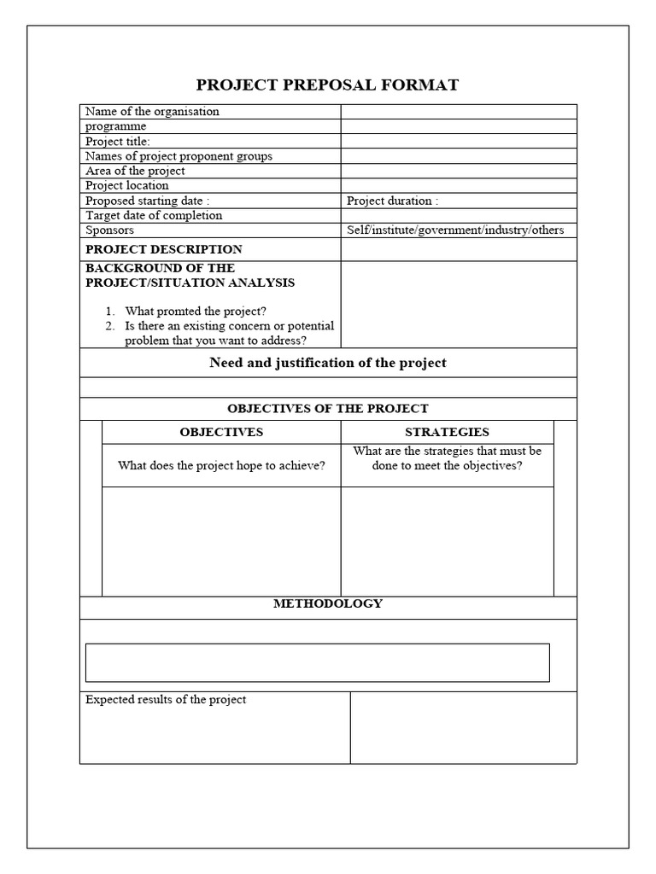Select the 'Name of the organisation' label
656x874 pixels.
point(152,111)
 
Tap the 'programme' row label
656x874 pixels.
point(116,126)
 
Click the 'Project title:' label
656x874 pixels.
point(118,141)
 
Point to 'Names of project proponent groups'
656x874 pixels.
point(179,156)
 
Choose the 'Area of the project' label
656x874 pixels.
point(135,171)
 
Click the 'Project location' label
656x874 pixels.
point(127,185)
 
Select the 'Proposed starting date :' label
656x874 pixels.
point(148,201)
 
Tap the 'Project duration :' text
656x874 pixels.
point(393,201)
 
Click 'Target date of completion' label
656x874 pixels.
point(154,215)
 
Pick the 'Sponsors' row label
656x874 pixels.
point(109,230)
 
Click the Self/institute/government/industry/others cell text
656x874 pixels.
point(455,230)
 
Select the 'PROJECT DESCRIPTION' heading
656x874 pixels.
point(164,249)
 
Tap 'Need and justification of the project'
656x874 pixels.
point(328,363)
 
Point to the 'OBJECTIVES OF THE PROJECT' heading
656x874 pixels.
point(328,409)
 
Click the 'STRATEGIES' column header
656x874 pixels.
point(447,432)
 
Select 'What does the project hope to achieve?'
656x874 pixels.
point(221,465)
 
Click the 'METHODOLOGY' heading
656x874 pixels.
point(328,603)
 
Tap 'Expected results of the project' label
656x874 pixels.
point(166,700)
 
